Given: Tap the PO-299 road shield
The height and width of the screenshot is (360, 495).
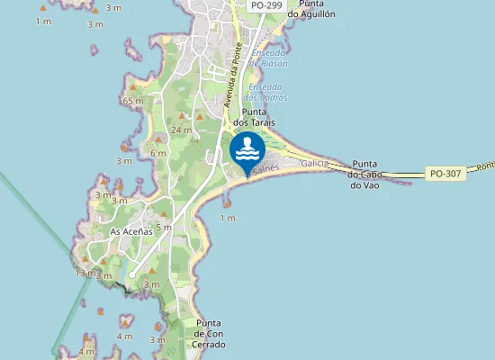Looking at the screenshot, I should (265, 5).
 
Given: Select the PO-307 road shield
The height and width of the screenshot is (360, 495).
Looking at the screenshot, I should (445, 173).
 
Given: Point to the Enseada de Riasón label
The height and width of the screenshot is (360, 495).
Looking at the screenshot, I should (268, 58).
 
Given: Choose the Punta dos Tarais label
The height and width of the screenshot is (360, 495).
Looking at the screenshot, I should (253, 116).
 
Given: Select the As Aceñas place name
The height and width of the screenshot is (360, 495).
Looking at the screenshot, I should (130, 231).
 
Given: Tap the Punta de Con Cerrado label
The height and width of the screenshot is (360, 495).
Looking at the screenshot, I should (208, 333).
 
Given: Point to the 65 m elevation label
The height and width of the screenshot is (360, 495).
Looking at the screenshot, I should (133, 101).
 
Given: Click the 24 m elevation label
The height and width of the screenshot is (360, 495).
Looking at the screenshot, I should (181, 130).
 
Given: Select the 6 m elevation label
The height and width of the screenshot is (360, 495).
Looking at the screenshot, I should (159, 153).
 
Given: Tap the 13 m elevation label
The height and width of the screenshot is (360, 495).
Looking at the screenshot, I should (85, 272).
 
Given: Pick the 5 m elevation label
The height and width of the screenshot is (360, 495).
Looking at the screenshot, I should (163, 228).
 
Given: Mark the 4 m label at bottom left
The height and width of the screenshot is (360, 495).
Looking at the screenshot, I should (86, 351).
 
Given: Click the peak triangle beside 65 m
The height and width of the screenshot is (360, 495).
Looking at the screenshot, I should (133, 87).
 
